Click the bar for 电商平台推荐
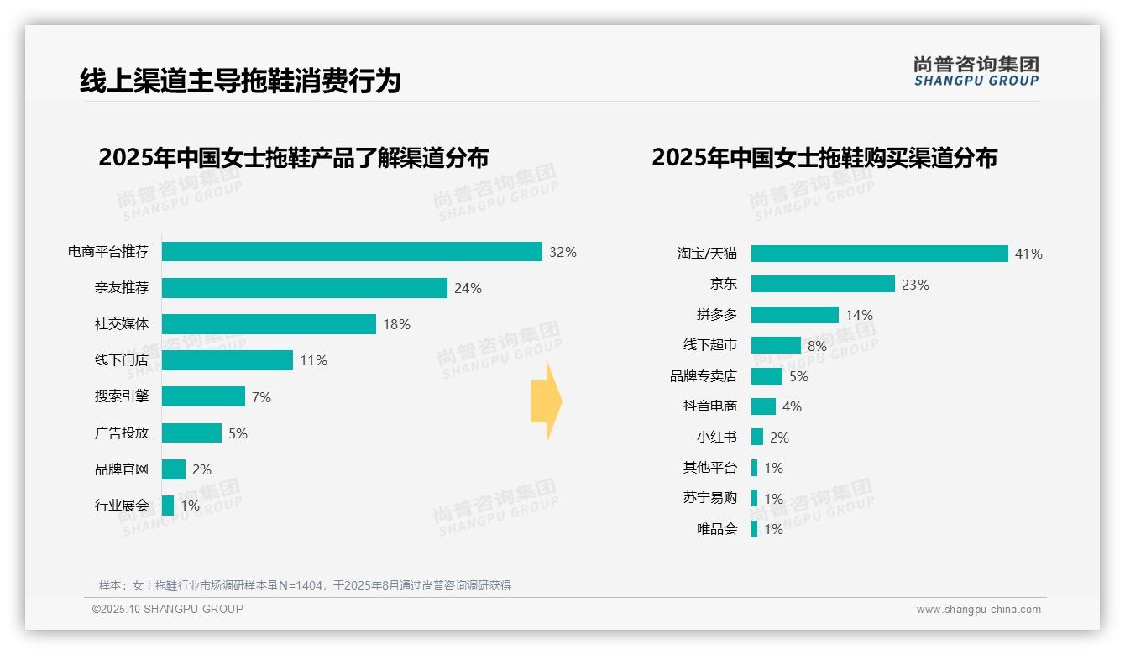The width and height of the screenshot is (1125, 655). pos(352,252)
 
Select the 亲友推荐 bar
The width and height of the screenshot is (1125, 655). pos(304,288)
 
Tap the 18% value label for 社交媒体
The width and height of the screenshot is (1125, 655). pos(396,324)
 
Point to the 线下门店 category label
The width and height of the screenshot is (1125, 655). pos(121,360)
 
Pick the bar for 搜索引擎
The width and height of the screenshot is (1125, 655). pos(203,396)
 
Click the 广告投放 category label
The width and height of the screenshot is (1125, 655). pos(121,432)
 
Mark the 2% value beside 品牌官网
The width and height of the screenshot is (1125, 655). pos(201,469)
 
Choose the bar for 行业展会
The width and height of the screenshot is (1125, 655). pos(168,506)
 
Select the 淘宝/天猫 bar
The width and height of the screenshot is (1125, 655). pos(879,254)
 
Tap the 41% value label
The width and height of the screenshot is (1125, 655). pos(1028,254)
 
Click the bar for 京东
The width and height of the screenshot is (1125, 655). pos(823,284)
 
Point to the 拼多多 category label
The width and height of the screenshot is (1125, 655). pos(716,315)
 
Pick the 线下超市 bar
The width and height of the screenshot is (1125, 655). pos(776,345)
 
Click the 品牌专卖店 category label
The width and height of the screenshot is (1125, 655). pos(703,376)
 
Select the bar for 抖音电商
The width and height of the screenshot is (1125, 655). pos(763,406)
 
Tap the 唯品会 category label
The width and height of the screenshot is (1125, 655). pos(716,529)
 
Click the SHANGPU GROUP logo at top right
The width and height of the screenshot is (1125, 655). pos(976,71)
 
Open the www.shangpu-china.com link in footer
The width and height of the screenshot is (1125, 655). pos(978,610)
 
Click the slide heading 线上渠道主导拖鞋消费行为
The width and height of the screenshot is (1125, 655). pos(240,81)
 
